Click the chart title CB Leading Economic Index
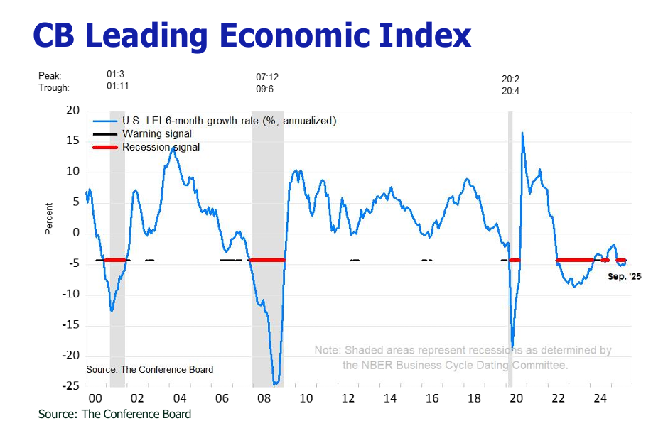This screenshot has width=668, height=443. tap(252, 35)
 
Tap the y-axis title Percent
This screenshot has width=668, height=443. tap(49, 219)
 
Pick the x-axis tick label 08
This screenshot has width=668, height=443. tap(263, 399)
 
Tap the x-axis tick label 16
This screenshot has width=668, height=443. tap(431, 399)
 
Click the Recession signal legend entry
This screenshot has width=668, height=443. tap(161, 147)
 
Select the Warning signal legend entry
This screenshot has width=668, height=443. tap(156, 133)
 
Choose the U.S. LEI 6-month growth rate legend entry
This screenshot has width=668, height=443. tap(229, 121)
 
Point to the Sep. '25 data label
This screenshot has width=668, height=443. tap(624, 276)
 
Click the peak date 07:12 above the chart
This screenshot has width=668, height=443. tap(267, 77)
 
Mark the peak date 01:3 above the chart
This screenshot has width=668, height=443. tap(116, 74)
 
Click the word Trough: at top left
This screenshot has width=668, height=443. tap(54, 88)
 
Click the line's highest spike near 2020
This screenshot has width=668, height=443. tap(522, 133)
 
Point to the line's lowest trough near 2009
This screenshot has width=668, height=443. tap(276, 384)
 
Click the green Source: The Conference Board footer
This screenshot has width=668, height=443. tap(114, 414)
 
